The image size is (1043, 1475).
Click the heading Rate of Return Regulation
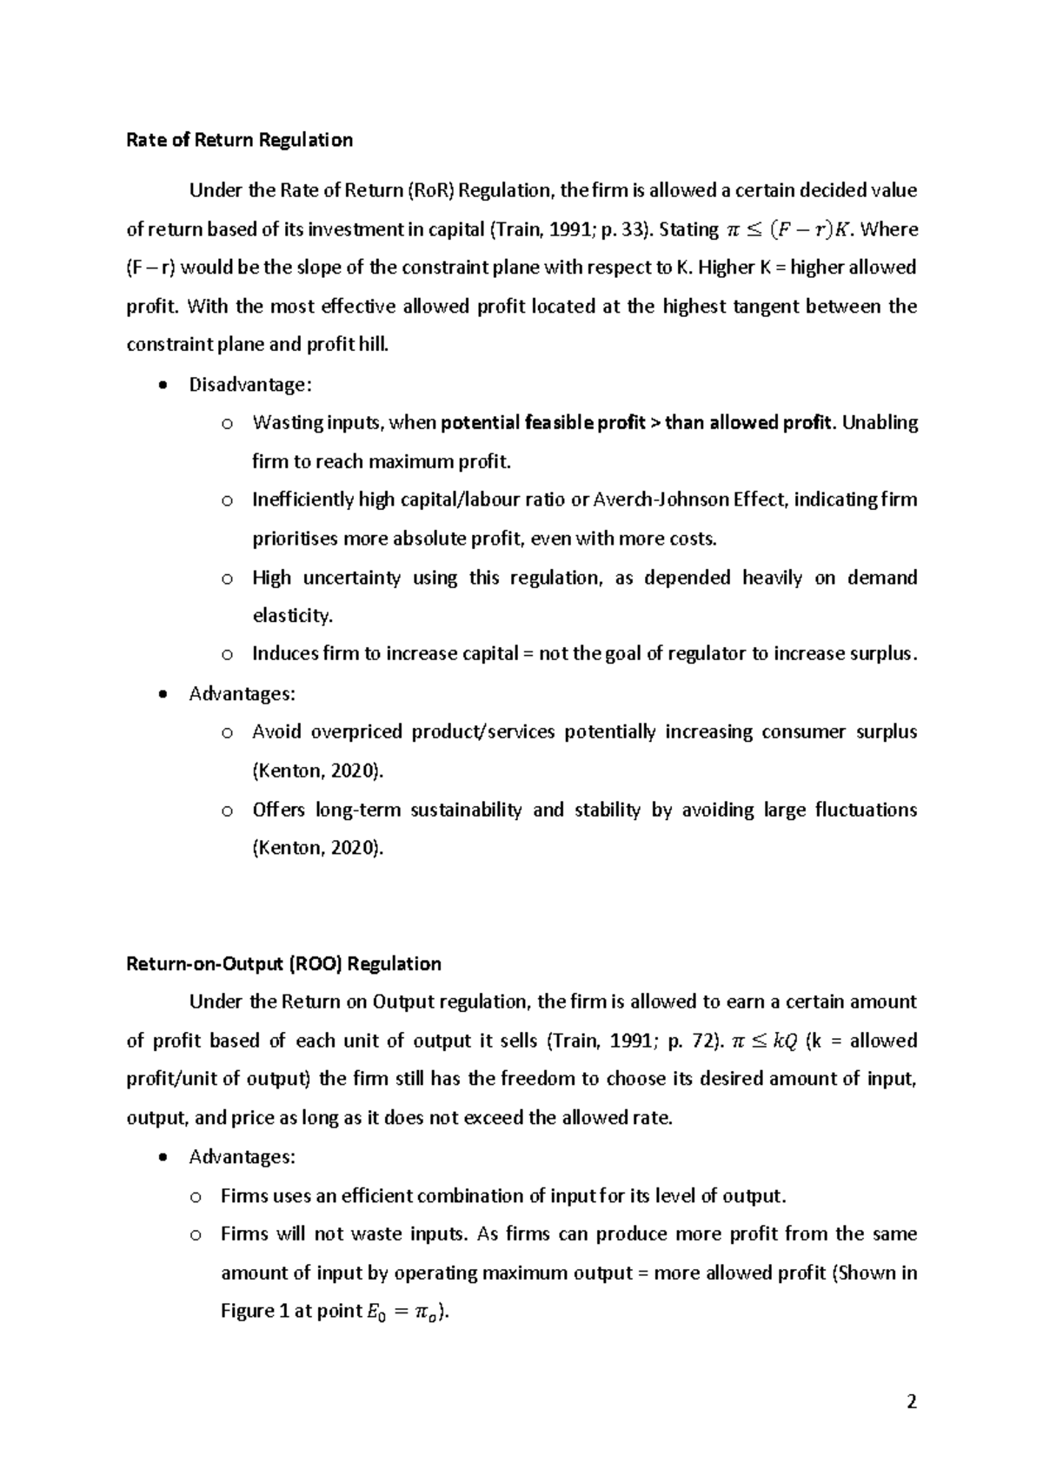tap(239, 140)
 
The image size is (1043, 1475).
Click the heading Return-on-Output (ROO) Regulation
tap(283, 963)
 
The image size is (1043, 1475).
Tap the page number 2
tap(911, 1401)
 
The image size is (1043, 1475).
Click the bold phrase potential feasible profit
tap(543, 423)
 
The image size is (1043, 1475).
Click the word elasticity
tap(292, 616)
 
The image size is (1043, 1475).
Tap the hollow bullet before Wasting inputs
tap(227, 424)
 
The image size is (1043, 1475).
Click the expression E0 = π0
tap(401, 1313)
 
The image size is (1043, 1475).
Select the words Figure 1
tap(255, 1312)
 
